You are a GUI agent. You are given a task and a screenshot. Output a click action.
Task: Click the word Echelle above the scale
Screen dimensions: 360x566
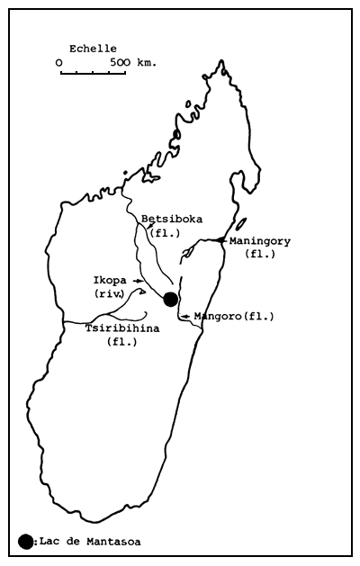pyautogui.click(x=93, y=49)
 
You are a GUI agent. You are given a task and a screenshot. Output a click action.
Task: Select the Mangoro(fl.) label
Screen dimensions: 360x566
pyautogui.click(x=233, y=316)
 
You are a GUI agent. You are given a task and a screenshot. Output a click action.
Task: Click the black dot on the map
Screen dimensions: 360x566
pyautogui.click(x=171, y=299)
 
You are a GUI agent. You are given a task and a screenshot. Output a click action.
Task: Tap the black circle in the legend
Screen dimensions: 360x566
pyautogui.click(x=25, y=541)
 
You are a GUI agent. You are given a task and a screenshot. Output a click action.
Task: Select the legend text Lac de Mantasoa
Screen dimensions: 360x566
pyautogui.click(x=89, y=542)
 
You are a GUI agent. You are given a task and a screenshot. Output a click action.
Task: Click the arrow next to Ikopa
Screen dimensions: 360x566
pyautogui.click(x=138, y=281)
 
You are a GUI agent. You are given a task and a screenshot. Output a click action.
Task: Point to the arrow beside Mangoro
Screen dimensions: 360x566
pyautogui.click(x=185, y=316)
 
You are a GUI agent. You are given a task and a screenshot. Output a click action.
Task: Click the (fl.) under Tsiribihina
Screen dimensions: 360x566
pyautogui.click(x=121, y=342)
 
